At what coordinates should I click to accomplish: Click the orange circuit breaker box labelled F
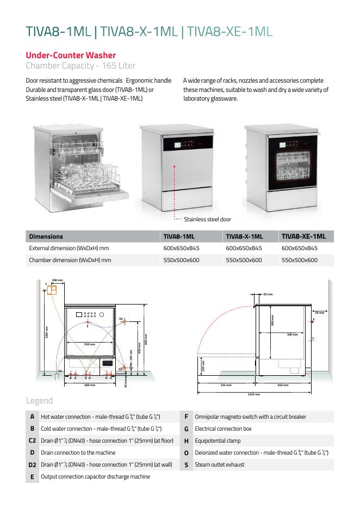[x=52, y=290]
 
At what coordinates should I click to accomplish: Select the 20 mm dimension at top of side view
[x=268, y=294]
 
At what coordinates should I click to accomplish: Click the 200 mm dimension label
[x=57, y=280]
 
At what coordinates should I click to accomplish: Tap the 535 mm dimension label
[x=227, y=385]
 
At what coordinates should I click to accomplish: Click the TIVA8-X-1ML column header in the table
[x=244, y=237]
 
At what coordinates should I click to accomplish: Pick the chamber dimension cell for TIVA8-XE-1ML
[x=300, y=260]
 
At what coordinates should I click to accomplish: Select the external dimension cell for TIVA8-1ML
[x=182, y=248]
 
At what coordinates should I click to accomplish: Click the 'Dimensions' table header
[x=46, y=237]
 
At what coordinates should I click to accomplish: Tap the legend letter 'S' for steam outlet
[x=186, y=464]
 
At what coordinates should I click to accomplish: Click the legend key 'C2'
[x=32, y=440]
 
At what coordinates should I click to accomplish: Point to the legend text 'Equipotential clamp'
[x=218, y=440]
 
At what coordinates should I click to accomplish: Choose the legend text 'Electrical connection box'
[x=223, y=429]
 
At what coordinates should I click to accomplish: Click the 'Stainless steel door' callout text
[x=207, y=220]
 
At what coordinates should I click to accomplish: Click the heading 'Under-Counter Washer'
[x=71, y=55]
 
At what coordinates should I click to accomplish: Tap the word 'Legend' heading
[x=39, y=401]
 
